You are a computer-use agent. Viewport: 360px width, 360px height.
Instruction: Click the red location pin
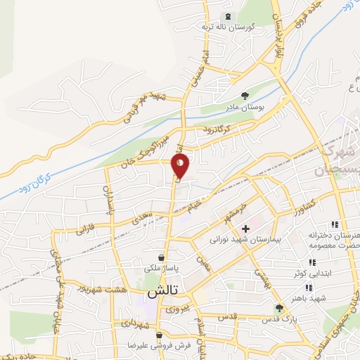pos(180,167)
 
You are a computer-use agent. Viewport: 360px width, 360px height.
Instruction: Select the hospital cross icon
pos(245,229)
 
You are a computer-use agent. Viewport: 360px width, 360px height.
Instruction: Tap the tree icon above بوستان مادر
pos(245,96)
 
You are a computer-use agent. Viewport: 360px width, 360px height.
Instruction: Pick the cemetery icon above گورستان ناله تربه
pos(226,16)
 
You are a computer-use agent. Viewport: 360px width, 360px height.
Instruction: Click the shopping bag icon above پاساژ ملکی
pos(162,258)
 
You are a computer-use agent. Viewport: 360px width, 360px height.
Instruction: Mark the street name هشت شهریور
pos(105,290)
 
